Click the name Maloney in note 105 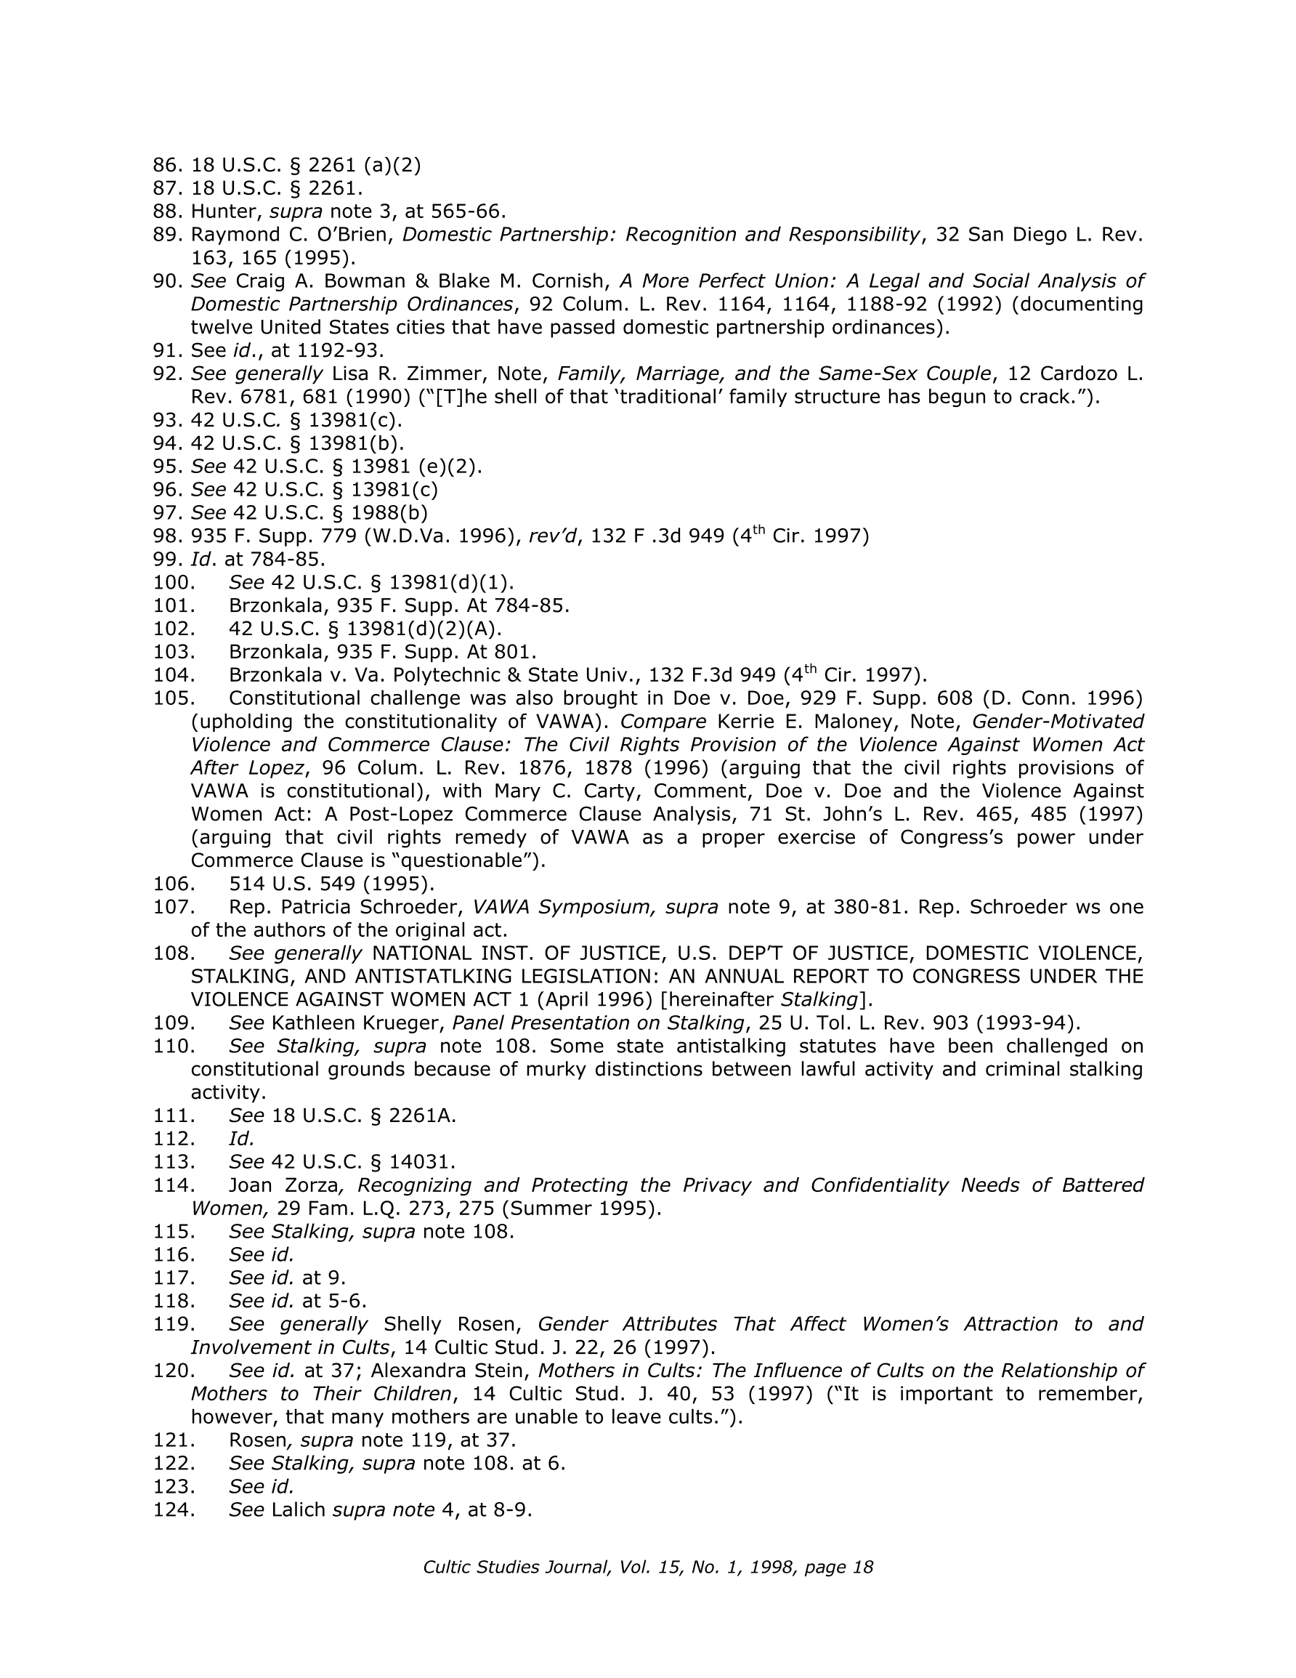click(872, 722)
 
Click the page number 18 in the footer click(863, 1568)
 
